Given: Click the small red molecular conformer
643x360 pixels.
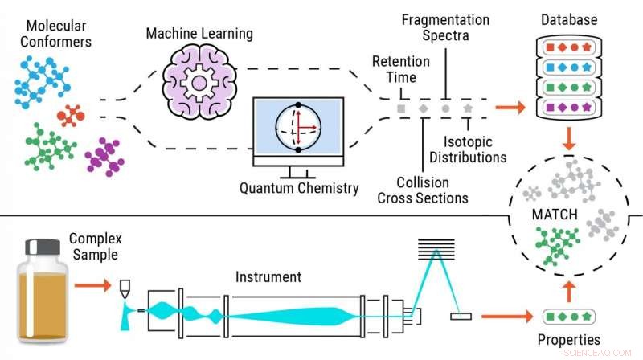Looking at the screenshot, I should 71,117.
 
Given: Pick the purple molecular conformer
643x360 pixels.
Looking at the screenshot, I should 104,154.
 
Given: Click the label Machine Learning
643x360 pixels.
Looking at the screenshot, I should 199,35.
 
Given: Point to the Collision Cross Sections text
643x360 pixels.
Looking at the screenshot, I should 423,190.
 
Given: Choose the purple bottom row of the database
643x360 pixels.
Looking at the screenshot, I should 568,105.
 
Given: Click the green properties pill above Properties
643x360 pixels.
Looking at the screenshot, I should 568,316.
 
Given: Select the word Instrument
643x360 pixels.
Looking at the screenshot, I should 268,277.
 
